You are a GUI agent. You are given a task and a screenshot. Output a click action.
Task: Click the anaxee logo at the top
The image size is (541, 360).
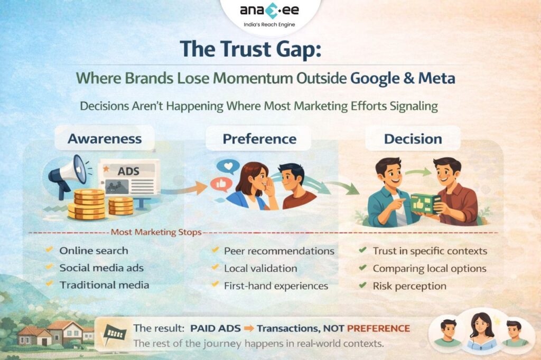[270, 11]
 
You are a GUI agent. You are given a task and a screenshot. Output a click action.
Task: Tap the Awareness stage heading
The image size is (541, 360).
[105, 139]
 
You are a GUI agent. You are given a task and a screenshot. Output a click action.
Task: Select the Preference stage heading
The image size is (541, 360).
[259, 139]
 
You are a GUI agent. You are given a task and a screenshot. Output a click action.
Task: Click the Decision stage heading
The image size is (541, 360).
[413, 139]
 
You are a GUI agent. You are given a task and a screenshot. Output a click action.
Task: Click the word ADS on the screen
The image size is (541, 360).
[128, 172]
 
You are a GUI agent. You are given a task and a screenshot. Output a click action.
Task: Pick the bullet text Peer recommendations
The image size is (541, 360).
[279, 251]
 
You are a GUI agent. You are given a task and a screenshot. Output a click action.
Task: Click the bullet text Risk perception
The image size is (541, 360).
[409, 286]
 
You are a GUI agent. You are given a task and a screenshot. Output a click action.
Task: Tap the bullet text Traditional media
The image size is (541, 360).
[104, 285]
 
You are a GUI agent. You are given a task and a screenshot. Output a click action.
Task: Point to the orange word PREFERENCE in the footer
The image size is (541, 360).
[378, 328]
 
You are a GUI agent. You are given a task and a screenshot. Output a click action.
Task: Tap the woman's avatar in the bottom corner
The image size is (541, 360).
[481, 331]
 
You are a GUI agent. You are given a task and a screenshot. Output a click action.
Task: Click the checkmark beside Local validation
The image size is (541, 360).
[216, 268]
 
